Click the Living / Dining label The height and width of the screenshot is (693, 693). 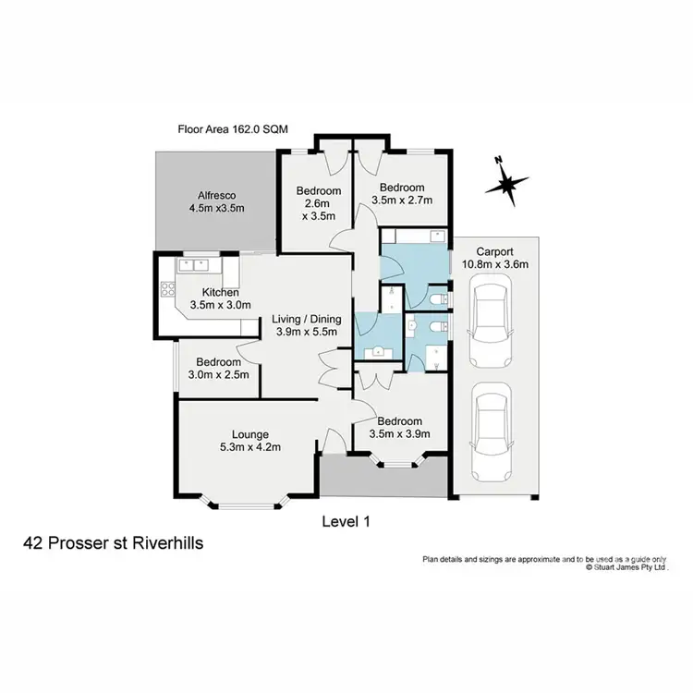coord(307,325)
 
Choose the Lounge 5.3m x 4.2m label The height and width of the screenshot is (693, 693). coord(250,441)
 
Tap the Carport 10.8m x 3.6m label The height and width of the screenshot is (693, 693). coord(494,258)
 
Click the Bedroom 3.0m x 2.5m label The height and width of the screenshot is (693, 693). coord(218,369)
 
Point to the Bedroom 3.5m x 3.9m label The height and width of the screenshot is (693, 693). coord(400,427)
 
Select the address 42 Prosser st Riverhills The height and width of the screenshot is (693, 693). coord(114,544)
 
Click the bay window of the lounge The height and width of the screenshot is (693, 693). coord(247,504)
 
